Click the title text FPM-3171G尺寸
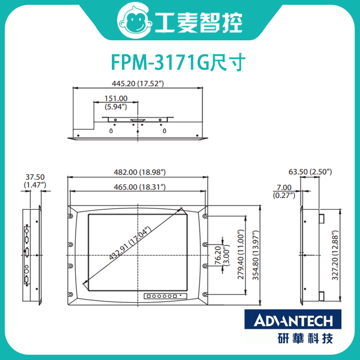(x=179, y=62)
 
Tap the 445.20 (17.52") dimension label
(x=138, y=83)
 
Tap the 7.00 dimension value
(x=284, y=188)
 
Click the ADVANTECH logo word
(x=293, y=320)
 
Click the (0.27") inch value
(x=284, y=195)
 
